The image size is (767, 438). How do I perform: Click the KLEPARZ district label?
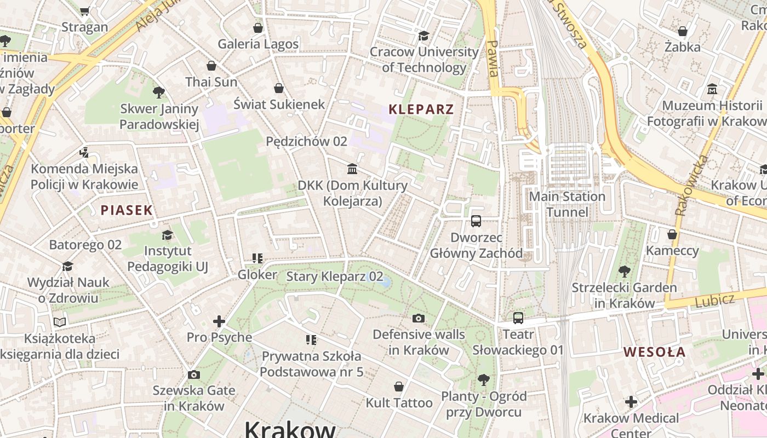(x=421, y=109)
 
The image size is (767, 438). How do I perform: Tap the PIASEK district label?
(x=127, y=210)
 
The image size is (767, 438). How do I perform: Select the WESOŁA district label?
(x=655, y=351)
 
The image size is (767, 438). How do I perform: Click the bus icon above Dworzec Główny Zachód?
(x=476, y=221)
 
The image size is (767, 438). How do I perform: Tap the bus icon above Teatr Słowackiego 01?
(x=518, y=318)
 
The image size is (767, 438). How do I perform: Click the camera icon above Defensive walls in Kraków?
(x=419, y=318)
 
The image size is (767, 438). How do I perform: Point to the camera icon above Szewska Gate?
(x=193, y=374)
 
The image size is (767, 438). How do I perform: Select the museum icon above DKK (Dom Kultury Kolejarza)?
(x=352, y=169)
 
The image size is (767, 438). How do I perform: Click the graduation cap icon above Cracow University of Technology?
(x=423, y=36)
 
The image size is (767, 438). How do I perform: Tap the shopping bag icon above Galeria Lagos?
(x=258, y=28)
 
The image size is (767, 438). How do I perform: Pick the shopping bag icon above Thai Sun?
(x=211, y=66)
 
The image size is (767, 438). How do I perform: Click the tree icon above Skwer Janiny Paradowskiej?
(x=159, y=92)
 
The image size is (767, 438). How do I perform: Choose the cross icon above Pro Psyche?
(x=219, y=321)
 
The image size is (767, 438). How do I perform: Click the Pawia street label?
(x=493, y=58)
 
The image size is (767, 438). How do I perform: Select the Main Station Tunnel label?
(x=567, y=204)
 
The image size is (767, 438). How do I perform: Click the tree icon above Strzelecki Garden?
(x=624, y=271)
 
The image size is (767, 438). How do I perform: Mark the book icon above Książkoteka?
(x=60, y=322)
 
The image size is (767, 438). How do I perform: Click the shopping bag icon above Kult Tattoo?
(x=399, y=387)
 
